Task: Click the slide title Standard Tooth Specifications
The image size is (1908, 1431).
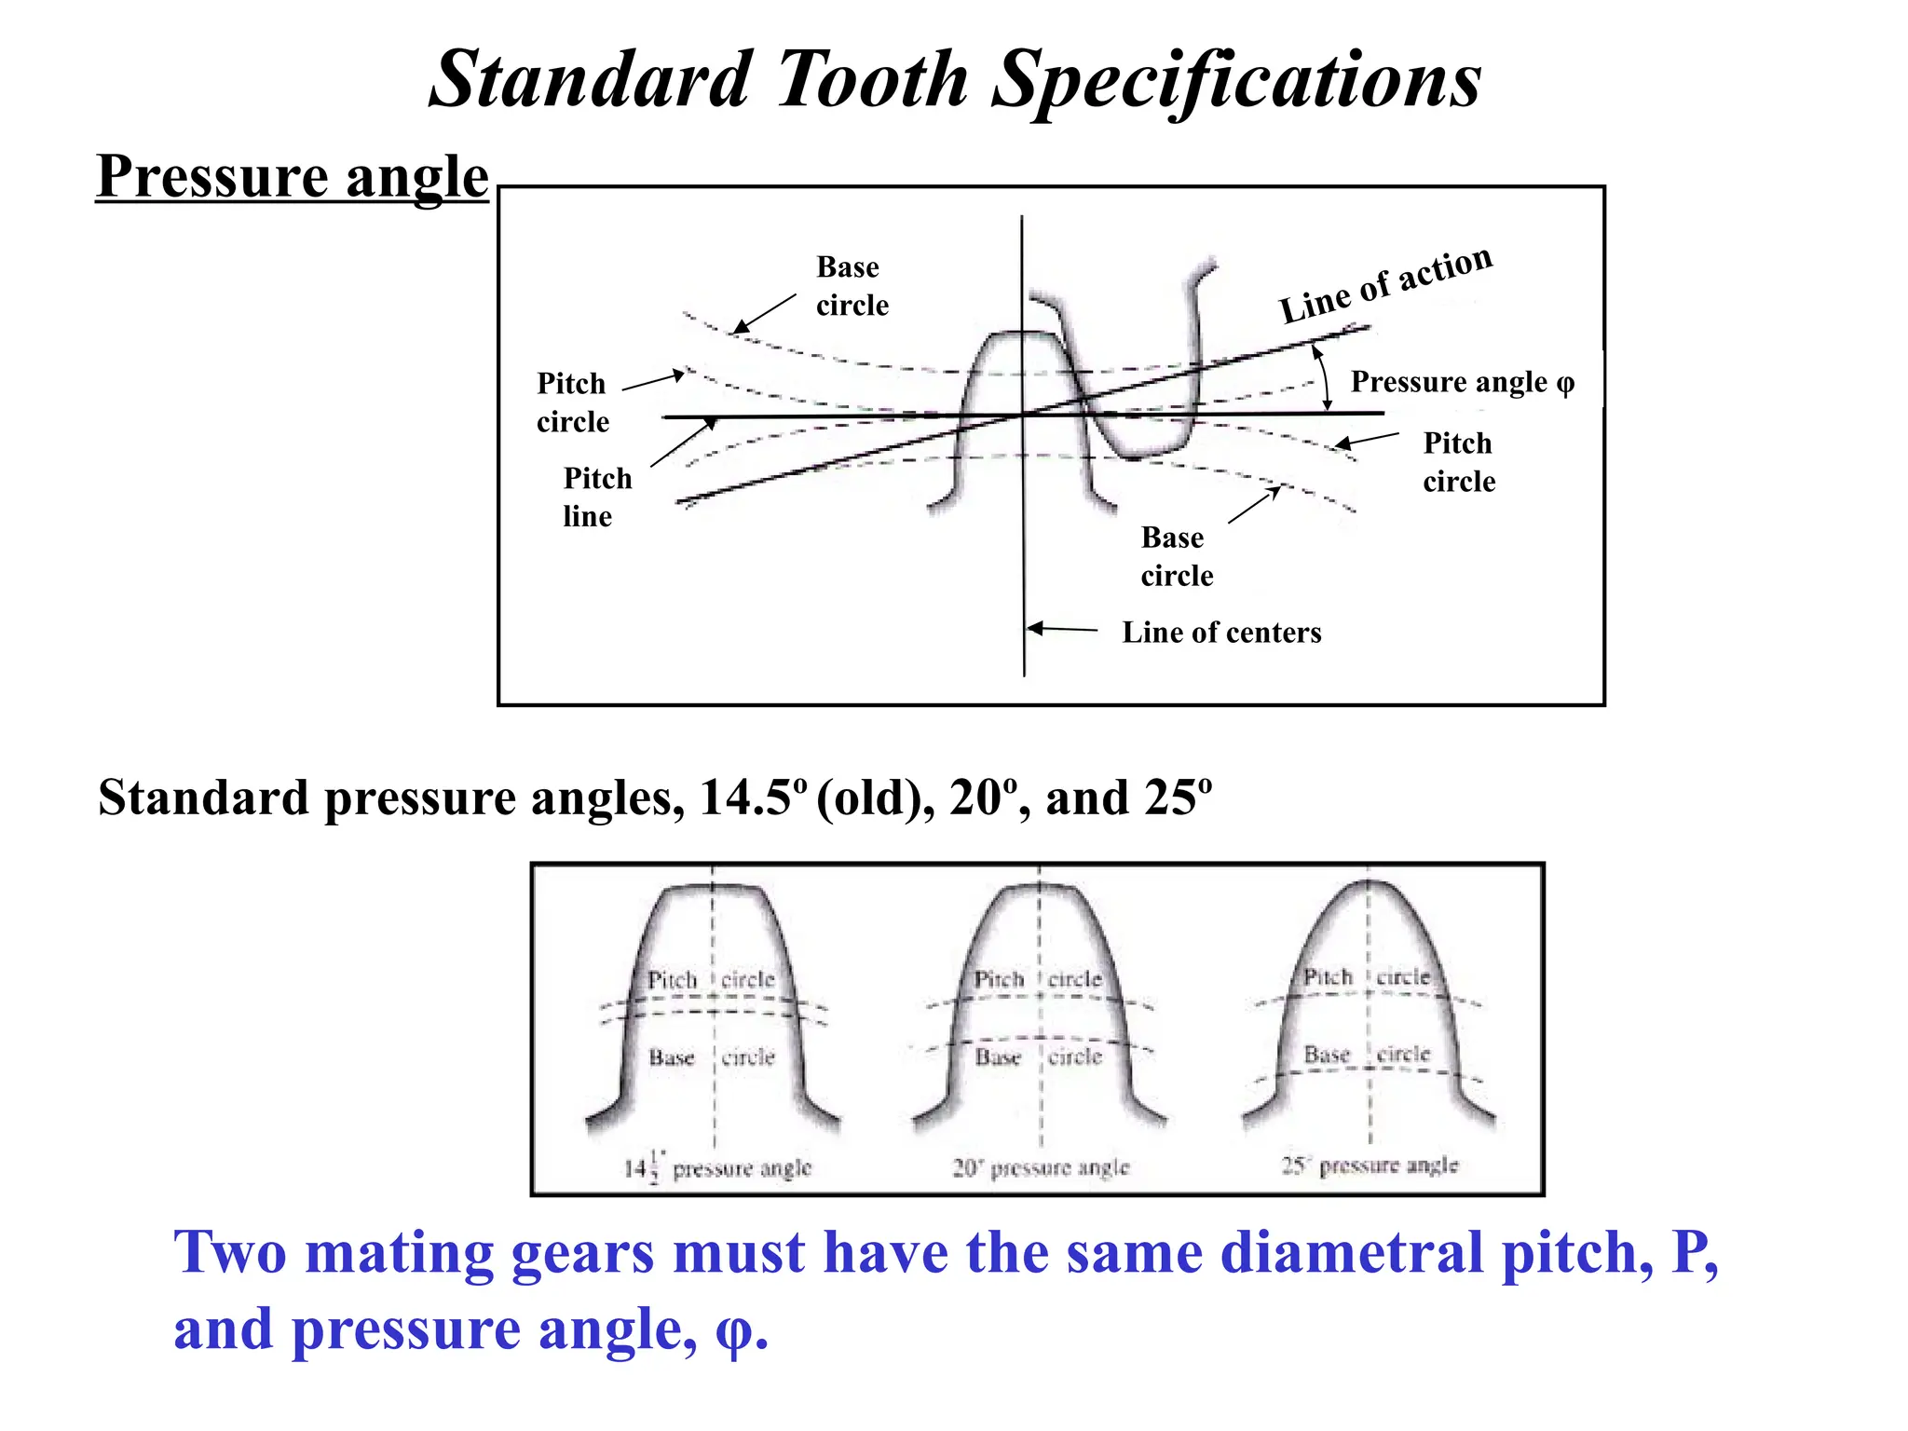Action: pyautogui.click(x=955, y=80)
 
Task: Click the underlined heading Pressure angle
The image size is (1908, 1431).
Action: pyautogui.click(x=292, y=177)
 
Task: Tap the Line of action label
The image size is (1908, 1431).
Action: pyautogui.click(x=1385, y=284)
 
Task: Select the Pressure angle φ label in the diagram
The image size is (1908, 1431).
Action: pyautogui.click(x=1462, y=382)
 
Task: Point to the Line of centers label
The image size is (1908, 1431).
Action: pyautogui.click(x=1220, y=633)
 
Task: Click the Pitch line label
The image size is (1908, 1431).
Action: pyautogui.click(x=596, y=497)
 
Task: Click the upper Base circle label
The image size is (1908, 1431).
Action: pyautogui.click(x=852, y=286)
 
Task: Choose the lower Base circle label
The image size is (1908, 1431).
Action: pyautogui.click(x=1176, y=556)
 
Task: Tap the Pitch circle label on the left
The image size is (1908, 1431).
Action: pyautogui.click(x=571, y=402)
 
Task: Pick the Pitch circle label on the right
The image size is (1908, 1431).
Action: pyautogui.click(x=1458, y=462)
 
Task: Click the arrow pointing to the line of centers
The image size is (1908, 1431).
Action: pyautogui.click(x=1063, y=630)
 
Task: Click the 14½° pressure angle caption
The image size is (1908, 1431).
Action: pyautogui.click(x=717, y=1167)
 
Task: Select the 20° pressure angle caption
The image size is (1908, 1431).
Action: pyautogui.click(x=1040, y=1167)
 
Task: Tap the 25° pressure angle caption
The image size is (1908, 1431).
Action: pyautogui.click(x=1369, y=1165)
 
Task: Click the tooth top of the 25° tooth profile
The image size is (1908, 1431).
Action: pyautogui.click(x=1367, y=885)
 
